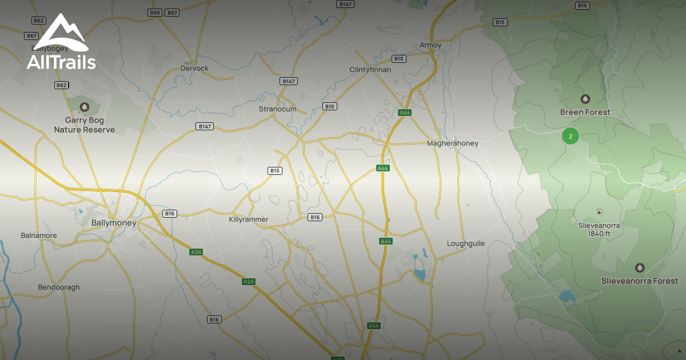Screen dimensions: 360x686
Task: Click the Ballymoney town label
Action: [x=114, y=223]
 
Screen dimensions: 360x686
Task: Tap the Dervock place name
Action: [x=194, y=69]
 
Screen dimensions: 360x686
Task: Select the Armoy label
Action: [x=430, y=45]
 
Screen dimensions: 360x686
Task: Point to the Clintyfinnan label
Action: [x=370, y=70]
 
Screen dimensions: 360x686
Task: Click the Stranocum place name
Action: [x=277, y=109]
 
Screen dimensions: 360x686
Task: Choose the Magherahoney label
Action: [x=453, y=143]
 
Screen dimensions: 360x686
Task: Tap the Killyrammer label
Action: [x=249, y=219]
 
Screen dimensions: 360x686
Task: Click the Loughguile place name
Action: [x=465, y=243]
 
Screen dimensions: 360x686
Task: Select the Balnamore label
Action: [x=39, y=235]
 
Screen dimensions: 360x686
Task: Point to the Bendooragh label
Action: [x=59, y=287]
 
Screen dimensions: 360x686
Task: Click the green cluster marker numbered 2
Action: [x=571, y=136]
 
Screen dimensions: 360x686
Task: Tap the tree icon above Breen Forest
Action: [x=585, y=99]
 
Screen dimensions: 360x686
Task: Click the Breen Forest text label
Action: [x=585, y=113]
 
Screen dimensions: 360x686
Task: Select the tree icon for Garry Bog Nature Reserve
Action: [x=85, y=107]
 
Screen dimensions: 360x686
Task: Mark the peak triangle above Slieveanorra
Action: [x=599, y=212]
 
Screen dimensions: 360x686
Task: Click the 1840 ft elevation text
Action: [x=599, y=234]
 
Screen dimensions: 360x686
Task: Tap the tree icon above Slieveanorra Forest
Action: [x=640, y=267]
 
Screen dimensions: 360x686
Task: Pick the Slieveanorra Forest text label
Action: [x=640, y=281]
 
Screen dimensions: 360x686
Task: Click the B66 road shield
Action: [x=154, y=13]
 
